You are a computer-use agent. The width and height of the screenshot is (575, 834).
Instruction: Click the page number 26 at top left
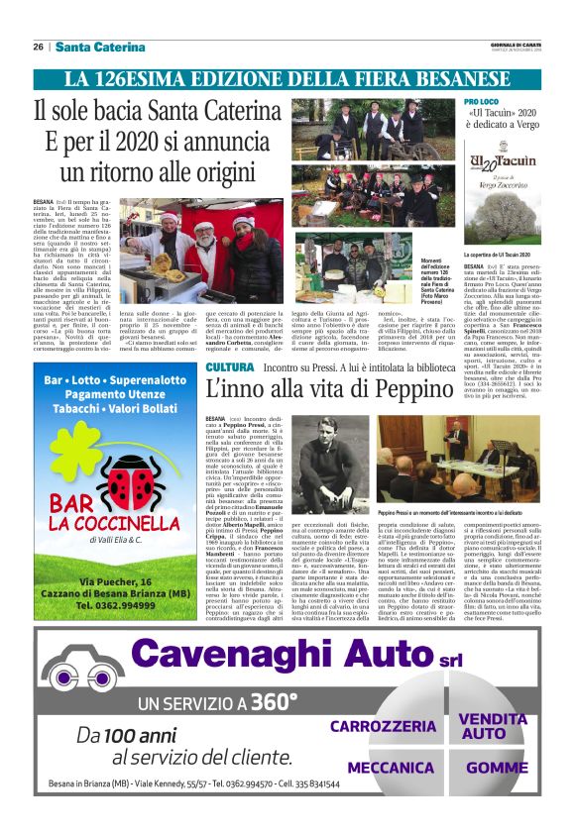coord(38,48)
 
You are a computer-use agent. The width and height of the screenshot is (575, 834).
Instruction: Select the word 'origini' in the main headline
coord(222,170)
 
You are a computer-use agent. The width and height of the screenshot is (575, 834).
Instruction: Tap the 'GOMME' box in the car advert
coord(497,768)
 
